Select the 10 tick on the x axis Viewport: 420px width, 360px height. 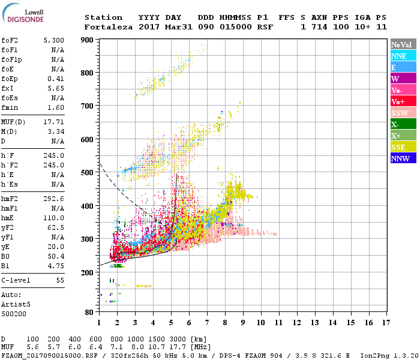[260, 323]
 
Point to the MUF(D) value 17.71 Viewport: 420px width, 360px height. [54, 122]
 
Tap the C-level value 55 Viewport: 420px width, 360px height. [60, 280]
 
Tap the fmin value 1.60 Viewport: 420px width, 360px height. [56, 107]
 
